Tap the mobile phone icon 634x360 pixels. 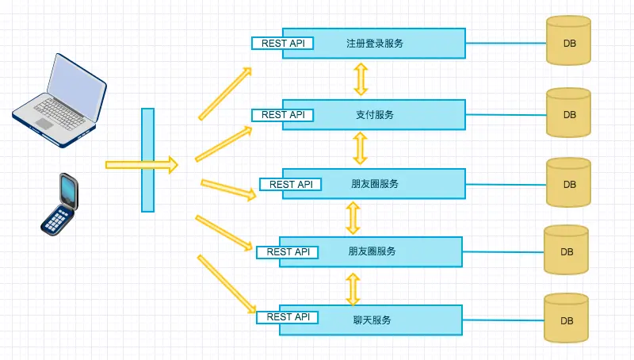point(59,204)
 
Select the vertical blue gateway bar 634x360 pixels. point(147,159)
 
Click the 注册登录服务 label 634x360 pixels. point(375,44)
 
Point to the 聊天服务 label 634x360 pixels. point(372,320)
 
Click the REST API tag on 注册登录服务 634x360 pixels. point(283,44)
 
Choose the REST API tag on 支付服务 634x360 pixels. point(283,115)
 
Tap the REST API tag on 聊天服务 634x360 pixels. point(288,317)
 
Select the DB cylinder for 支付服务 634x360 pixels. point(569,113)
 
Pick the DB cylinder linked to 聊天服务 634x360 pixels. point(567,320)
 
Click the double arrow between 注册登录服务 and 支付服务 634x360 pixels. point(361,79)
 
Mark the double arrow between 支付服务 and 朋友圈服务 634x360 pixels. point(361,148)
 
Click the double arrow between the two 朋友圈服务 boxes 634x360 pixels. point(353,216)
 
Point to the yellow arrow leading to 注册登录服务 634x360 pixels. point(225,94)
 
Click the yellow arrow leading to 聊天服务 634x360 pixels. point(227,283)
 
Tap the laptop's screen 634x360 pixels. point(76,82)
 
